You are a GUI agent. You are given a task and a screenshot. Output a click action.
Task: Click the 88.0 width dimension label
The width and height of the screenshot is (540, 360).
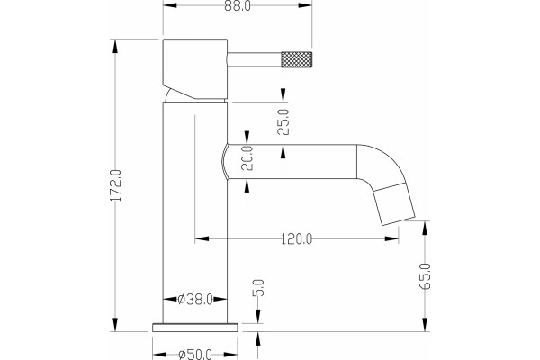[x=238, y=6]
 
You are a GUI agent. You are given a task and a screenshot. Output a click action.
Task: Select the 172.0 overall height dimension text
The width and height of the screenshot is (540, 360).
[x=116, y=185]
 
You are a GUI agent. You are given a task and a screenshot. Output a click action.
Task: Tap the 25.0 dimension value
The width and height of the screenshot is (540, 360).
[x=283, y=122]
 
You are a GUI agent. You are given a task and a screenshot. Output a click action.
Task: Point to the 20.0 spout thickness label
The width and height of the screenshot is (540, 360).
[x=247, y=158]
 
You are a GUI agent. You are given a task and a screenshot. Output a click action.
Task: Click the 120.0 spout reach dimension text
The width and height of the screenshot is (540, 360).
[x=297, y=238]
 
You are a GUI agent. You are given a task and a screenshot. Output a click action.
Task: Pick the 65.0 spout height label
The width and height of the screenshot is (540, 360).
[x=425, y=276]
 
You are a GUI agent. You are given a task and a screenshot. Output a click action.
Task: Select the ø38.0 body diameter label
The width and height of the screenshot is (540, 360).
[x=195, y=300]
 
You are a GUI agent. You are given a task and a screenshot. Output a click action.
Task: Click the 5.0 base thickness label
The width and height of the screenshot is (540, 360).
[x=259, y=288]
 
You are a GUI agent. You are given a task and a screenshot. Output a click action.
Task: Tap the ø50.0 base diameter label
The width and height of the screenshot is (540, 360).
[x=195, y=355]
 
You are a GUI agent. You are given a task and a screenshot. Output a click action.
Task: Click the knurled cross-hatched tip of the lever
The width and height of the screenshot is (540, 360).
[x=297, y=59]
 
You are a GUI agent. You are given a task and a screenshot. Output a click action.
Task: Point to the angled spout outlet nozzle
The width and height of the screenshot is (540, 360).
[x=395, y=204]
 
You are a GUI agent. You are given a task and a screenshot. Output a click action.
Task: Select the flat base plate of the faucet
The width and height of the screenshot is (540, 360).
[x=195, y=328]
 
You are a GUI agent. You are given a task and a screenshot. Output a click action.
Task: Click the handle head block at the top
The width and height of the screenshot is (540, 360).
[x=195, y=69]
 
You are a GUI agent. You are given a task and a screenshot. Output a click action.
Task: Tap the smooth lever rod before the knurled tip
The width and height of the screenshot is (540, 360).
[x=255, y=59]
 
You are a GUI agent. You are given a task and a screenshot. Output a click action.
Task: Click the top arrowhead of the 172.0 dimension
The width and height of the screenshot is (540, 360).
[x=115, y=47]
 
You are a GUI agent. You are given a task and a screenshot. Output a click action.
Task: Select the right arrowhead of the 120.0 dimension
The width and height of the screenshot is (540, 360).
[x=391, y=238]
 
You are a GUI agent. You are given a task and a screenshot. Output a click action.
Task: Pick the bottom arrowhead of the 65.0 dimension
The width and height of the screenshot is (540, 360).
[x=425, y=325]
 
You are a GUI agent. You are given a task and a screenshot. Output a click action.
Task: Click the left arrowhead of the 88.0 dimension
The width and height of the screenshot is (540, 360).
[x=170, y=5]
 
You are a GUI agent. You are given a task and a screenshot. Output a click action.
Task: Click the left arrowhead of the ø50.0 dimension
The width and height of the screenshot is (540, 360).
[x=159, y=355]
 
